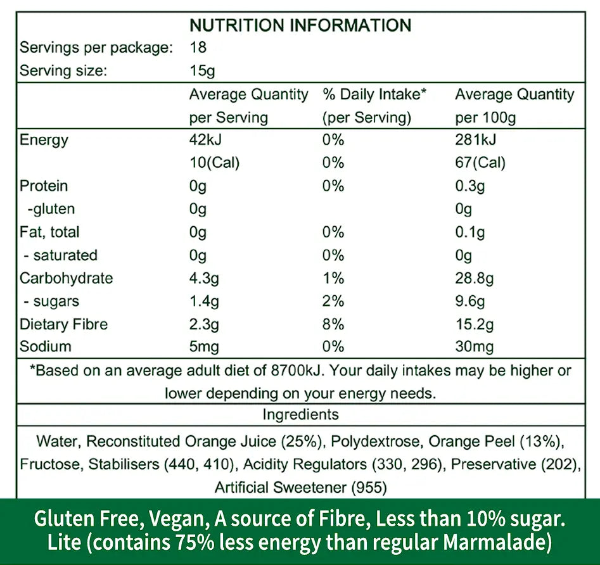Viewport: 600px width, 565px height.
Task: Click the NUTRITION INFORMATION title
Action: pos(300,25)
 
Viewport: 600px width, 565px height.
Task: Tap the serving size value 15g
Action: pos(202,71)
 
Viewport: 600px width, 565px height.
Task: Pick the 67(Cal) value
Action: pos(480,163)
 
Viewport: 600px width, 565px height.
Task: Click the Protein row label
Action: pos(44,186)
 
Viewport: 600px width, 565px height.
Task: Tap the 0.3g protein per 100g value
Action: pos(470,186)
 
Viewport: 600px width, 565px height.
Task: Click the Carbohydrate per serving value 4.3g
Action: pos(204,278)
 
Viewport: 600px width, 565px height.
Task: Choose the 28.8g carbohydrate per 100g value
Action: pos(475,278)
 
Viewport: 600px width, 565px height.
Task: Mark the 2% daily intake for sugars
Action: pos(333,302)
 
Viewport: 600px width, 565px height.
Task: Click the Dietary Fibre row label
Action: pos(64,324)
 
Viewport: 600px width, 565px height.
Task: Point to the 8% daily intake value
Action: pos(333,324)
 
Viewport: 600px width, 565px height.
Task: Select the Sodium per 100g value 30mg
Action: pos(475,347)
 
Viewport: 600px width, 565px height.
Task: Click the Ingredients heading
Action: pos(300,415)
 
